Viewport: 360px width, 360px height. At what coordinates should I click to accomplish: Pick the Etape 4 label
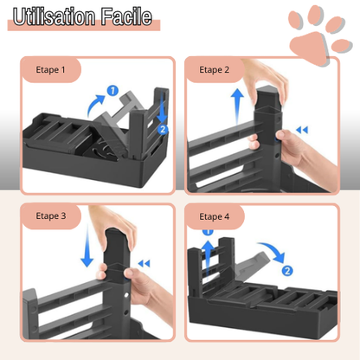215,216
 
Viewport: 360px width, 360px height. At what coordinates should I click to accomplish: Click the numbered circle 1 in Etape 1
112,89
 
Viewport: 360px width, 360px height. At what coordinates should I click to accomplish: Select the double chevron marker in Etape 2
301,131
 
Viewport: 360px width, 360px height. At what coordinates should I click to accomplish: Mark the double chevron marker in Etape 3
144,263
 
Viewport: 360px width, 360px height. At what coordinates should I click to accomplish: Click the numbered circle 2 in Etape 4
287,270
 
